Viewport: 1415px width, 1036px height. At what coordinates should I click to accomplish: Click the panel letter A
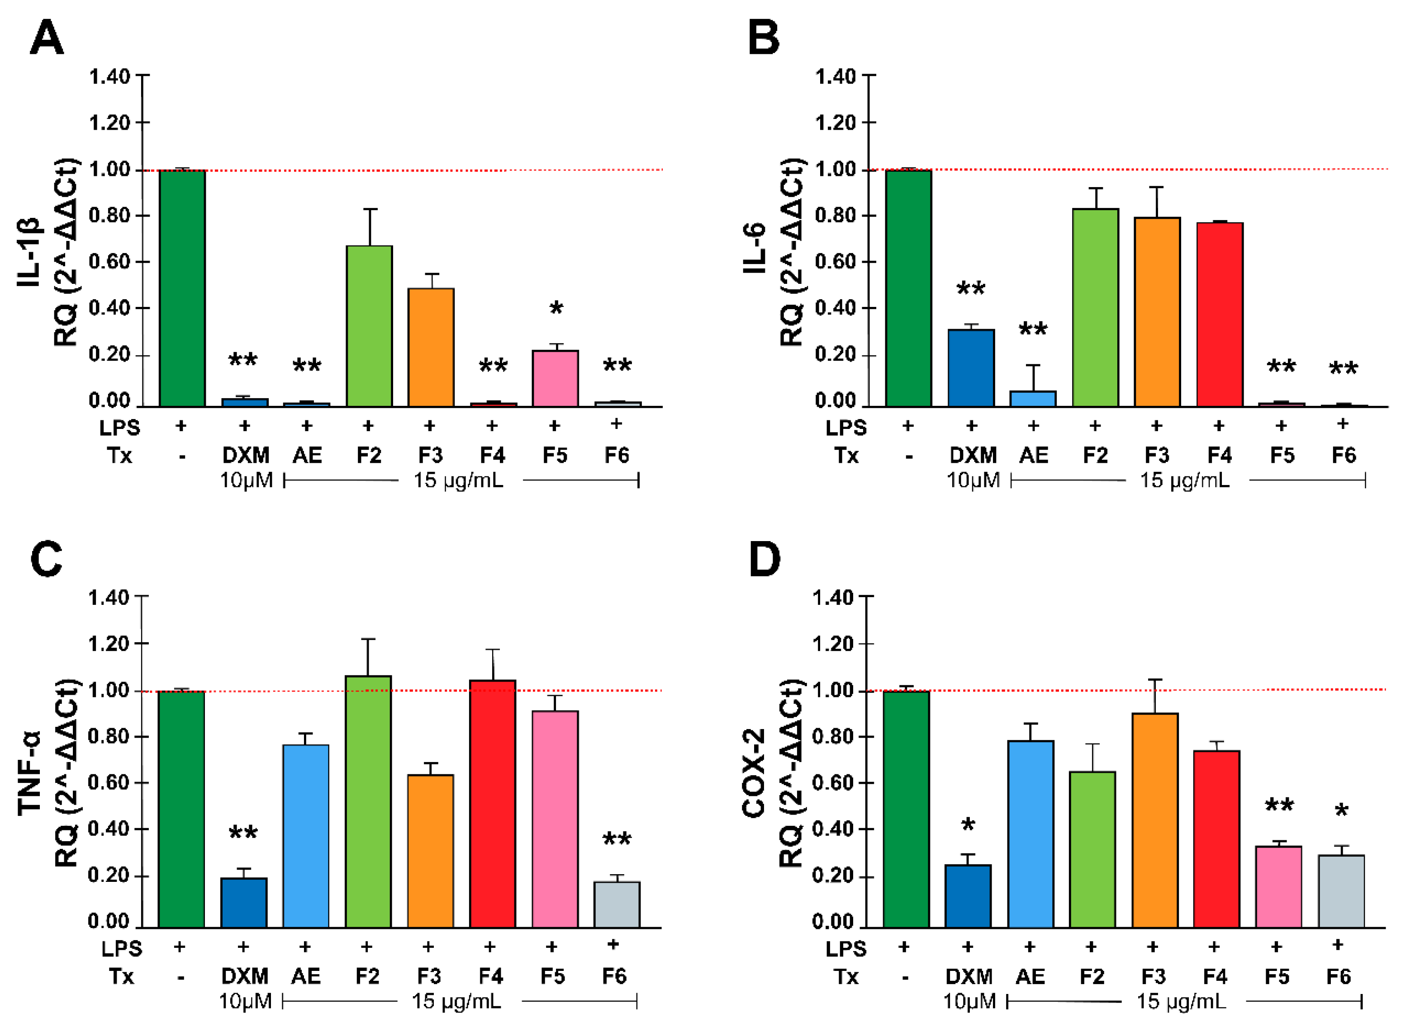coord(47,38)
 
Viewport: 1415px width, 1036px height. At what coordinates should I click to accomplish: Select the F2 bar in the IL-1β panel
coord(369,326)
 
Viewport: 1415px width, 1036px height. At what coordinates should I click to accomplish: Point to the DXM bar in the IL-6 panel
coord(971,368)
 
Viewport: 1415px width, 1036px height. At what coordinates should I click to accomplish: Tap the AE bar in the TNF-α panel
coord(306,836)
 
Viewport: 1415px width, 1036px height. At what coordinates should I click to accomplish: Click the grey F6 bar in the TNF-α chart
coord(617,904)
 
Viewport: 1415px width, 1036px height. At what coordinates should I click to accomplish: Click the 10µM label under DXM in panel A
coord(247,481)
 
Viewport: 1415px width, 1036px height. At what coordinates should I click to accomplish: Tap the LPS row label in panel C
coord(122,949)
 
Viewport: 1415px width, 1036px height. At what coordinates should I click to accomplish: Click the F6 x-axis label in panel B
coord(1344,455)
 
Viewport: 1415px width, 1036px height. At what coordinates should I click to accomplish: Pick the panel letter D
coord(764,560)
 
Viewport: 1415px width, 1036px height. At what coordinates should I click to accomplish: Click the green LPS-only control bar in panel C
coord(181,809)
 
